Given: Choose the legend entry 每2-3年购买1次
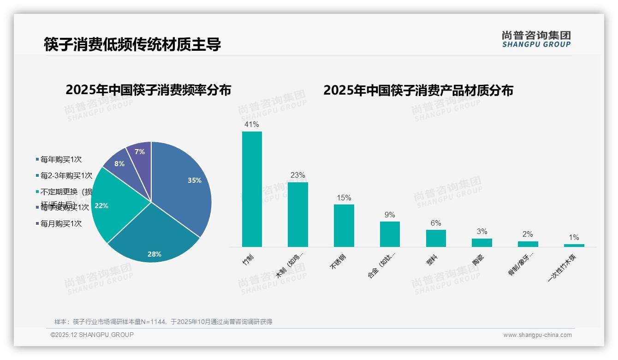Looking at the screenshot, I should [66, 176].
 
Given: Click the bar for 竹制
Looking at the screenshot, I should [252, 189].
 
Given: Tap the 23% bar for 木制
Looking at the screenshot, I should [297, 215].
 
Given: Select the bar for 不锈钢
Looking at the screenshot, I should [344, 226].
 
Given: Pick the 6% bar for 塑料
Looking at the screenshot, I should [436, 238].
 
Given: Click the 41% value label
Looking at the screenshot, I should [252, 125].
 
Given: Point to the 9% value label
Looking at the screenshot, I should [390, 215].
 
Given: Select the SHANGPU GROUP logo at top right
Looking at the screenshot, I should [536, 39].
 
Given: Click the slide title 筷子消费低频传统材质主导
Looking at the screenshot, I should [132, 44].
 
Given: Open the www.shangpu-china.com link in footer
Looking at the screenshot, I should [537, 335].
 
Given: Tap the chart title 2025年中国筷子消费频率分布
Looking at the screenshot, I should [148, 90].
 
